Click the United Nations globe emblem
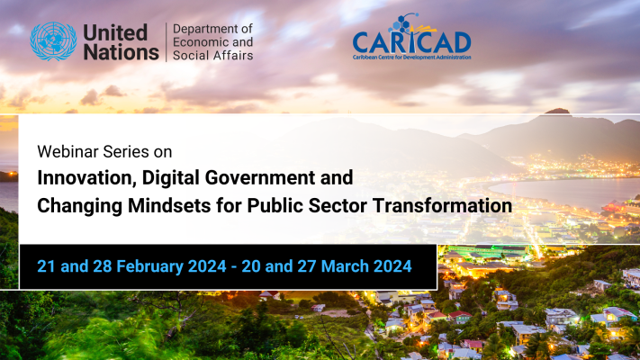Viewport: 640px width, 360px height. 53,41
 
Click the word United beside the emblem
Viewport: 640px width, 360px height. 115,32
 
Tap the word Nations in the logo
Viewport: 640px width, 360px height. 122,52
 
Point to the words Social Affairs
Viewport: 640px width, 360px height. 212,55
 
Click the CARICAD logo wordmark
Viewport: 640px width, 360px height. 412,42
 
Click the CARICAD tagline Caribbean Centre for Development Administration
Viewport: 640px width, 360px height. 412,57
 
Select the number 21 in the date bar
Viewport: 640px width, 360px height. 46,266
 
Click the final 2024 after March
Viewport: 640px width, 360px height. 392,266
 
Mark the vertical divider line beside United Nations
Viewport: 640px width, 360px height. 167,42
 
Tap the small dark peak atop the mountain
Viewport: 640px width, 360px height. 557,111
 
